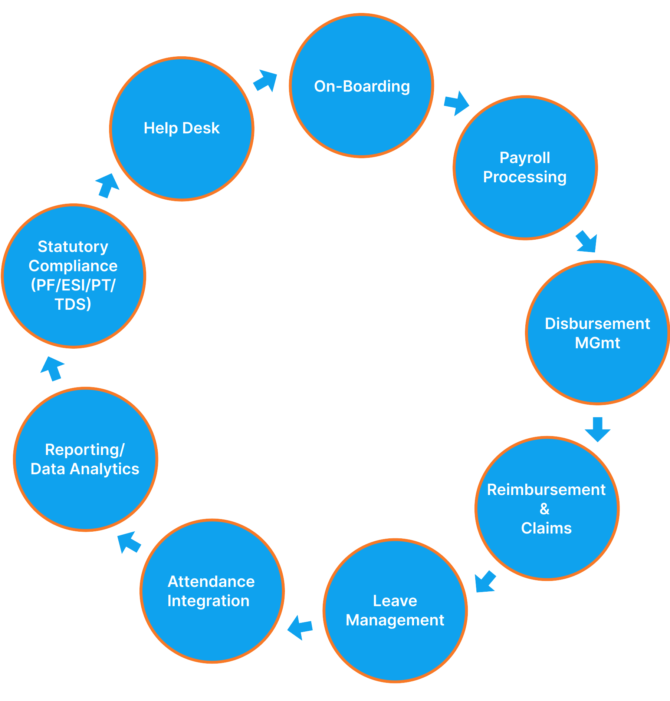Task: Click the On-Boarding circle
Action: [x=361, y=86]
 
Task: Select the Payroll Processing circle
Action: [x=525, y=168]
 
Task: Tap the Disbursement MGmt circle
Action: [x=597, y=333]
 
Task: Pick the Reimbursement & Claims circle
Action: [x=547, y=508]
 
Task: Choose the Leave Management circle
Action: [x=395, y=610]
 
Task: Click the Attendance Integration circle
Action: [x=212, y=591]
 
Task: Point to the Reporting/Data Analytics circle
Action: [x=86, y=459]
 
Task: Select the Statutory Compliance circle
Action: [x=73, y=276]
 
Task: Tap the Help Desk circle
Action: [x=182, y=129]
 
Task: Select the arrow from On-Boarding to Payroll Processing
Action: [x=456, y=103]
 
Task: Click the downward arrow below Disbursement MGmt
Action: [x=597, y=429]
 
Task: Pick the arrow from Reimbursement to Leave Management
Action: [x=485, y=582]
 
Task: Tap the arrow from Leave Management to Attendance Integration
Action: [x=300, y=627]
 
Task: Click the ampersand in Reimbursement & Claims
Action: [x=545, y=509]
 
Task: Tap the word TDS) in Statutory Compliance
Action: [x=73, y=304]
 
